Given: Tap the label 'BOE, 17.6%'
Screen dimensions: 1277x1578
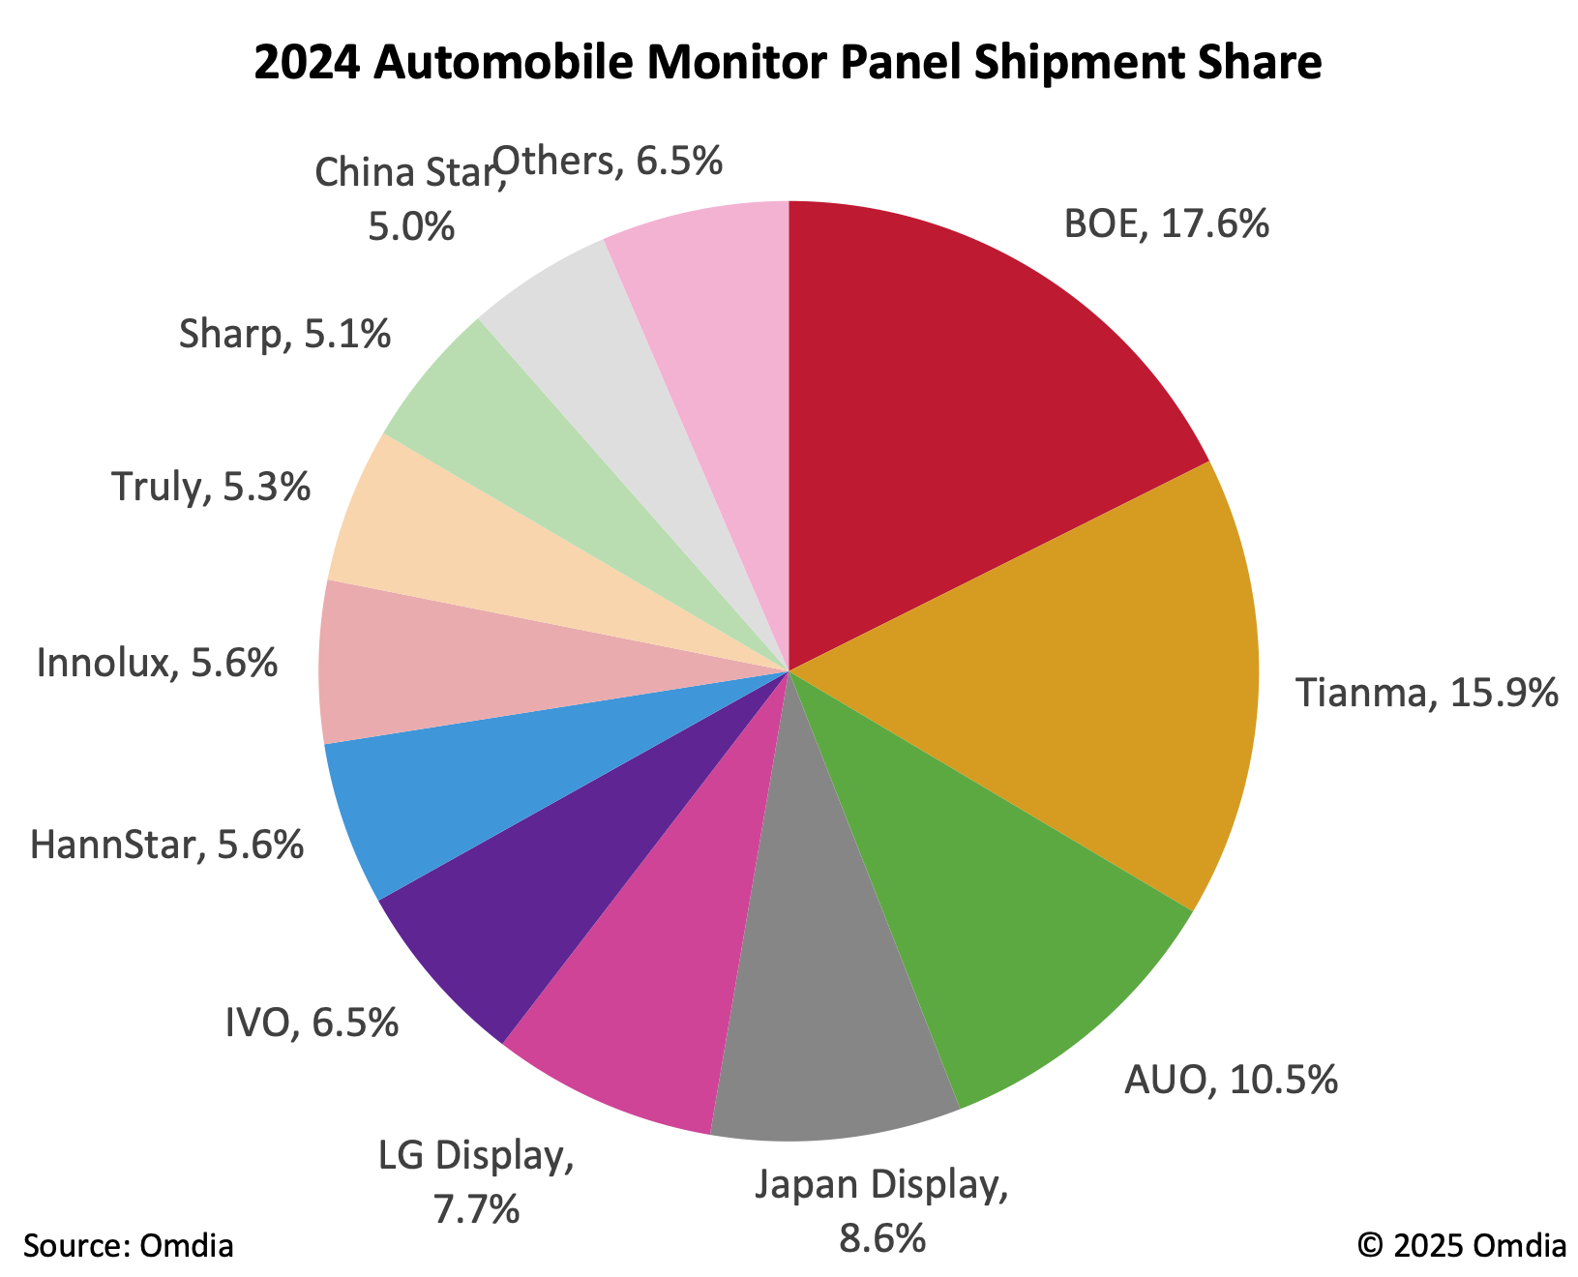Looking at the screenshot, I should (1166, 224).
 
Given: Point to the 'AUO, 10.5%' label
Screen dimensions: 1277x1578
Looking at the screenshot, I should (1231, 1080).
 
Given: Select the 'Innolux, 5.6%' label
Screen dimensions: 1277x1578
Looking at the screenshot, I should (158, 664).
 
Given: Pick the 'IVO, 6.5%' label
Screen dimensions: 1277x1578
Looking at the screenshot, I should (312, 1023).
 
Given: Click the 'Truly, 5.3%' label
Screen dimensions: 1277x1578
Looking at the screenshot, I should (211, 487).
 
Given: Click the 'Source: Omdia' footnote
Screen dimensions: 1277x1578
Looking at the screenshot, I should (129, 1245).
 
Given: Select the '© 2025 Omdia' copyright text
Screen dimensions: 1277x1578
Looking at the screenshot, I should (1461, 1245).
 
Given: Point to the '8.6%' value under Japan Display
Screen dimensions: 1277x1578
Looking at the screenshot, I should (882, 1238).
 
